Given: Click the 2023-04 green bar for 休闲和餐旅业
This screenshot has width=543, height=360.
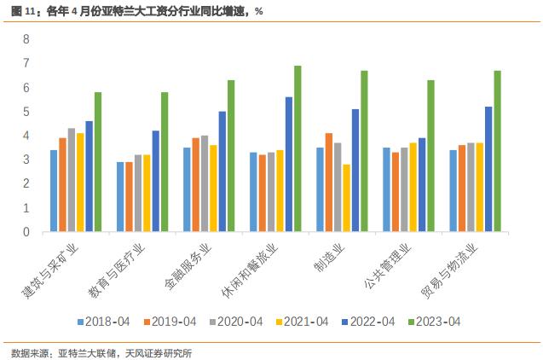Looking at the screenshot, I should (297, 148).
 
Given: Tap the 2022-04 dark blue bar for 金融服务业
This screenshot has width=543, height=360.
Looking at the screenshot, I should (222, 171).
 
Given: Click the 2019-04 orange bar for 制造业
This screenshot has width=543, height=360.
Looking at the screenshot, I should (329, 183).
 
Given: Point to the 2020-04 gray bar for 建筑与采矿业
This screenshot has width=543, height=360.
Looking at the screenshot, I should (72, 180).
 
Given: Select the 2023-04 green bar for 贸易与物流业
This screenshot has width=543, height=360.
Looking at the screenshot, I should (497, 151).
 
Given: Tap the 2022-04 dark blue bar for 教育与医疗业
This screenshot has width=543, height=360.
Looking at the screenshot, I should (155, 181).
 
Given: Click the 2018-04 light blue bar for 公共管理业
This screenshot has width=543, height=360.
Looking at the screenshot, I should (386, 189).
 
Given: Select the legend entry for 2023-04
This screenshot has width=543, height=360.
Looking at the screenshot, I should (434, 322).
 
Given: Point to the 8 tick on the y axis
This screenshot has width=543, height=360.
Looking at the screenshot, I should (26, 39).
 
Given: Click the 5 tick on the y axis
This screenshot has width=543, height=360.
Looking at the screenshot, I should (26, 112).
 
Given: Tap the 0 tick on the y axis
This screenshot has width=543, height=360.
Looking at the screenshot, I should (26, 232).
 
